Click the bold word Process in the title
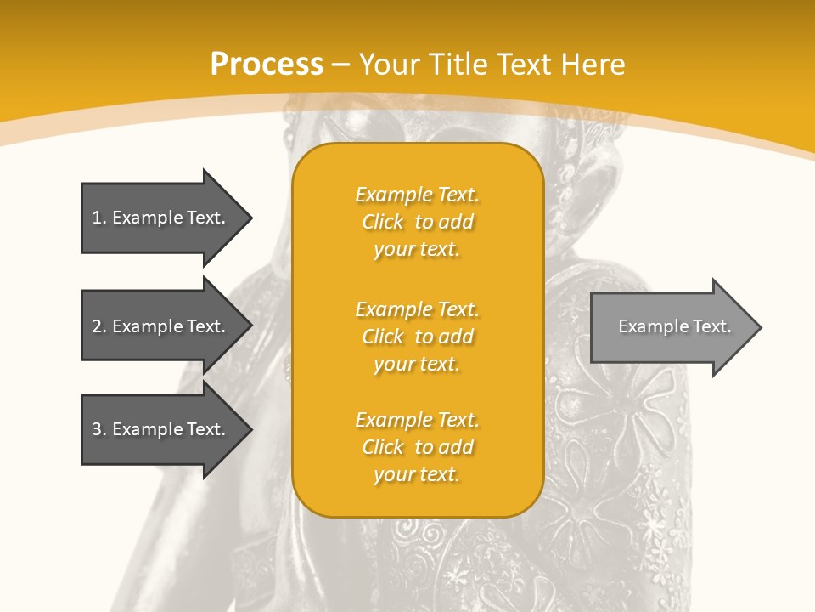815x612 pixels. pyautogui.click(x=267, y=65)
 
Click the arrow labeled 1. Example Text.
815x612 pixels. pyautogui.click(x=161, y=218)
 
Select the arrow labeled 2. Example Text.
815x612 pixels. pyautogui.click(x=161, y=326)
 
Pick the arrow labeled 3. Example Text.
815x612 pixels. pyautogui.click(x=161, y=429)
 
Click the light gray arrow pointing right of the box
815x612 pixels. pyautogui.click(x=671, y=327)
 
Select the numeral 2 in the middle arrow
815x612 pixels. pyautogui.click(x=97, y=326)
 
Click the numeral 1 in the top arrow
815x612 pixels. pyautogui.click(x=97, y=218)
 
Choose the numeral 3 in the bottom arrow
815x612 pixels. pyautogui.click(x=97, y=429)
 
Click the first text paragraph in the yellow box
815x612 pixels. pyautogui.click(x=417, y=222)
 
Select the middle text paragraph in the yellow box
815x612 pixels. pyautogui.click(x=417, y=337)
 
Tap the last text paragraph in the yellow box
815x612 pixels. pyautogui.click(x=417, y=447)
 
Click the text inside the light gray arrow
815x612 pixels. pyautogui.click(x=674, y=326)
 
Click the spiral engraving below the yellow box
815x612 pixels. pyautogui.click(x=433, y=535)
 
